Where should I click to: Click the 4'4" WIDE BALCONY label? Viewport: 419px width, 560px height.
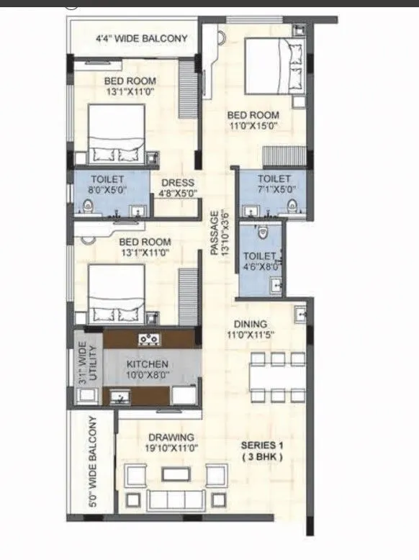[141, 38]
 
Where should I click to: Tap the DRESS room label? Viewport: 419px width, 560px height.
[176, 183]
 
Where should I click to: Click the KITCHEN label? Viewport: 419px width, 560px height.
[148, 364]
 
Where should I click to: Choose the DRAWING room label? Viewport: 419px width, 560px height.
[171, 437]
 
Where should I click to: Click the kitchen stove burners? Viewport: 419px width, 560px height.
[149, 338]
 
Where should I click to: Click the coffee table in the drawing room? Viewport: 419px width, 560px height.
[172, 474]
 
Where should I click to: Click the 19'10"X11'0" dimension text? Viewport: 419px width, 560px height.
[171, 448]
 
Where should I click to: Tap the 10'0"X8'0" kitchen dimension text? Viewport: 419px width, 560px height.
[148, 375]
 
